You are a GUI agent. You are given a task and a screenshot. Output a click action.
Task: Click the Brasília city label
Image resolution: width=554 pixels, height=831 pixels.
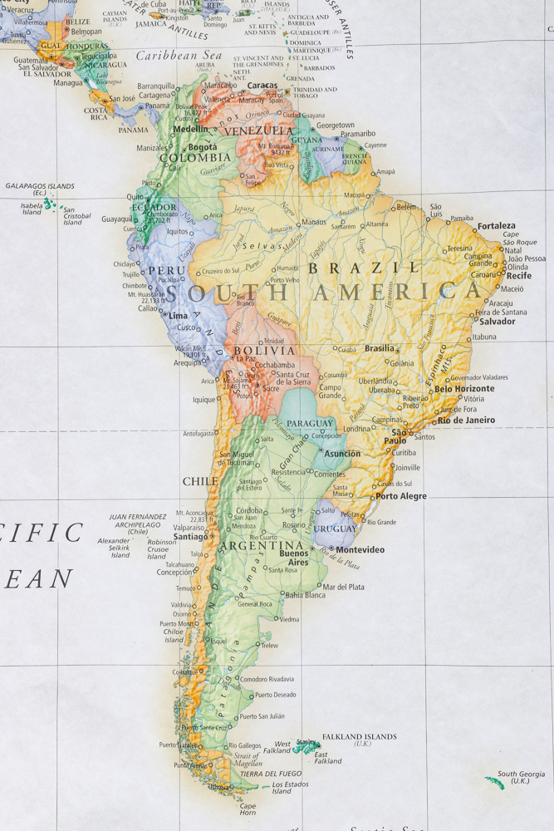[380, 348]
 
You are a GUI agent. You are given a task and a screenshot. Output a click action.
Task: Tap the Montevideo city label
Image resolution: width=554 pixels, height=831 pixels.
[360, 549]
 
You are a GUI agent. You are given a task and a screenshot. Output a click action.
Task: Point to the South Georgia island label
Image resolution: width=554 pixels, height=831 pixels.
[521, 778]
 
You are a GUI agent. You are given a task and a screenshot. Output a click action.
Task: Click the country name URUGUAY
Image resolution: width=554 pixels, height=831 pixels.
[335, 529]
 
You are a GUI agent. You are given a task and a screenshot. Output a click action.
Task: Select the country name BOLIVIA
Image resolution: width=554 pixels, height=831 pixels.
[264, 351]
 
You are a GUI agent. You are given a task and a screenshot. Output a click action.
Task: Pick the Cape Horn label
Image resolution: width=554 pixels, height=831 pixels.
[248, 809]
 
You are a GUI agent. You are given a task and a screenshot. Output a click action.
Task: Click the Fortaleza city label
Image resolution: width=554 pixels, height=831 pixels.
[496, 225]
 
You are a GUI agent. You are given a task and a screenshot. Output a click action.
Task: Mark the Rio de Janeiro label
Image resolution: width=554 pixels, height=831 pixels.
[466, 420]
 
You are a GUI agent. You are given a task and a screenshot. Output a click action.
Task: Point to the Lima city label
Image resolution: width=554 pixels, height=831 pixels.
[178, 316]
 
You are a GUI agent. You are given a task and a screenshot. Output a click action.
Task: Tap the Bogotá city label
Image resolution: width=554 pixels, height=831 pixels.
[203, 147]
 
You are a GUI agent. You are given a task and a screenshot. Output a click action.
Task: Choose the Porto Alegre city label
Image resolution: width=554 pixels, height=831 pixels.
[401, 496]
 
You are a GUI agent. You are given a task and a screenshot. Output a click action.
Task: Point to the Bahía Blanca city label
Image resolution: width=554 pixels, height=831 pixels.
[305, 595]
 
